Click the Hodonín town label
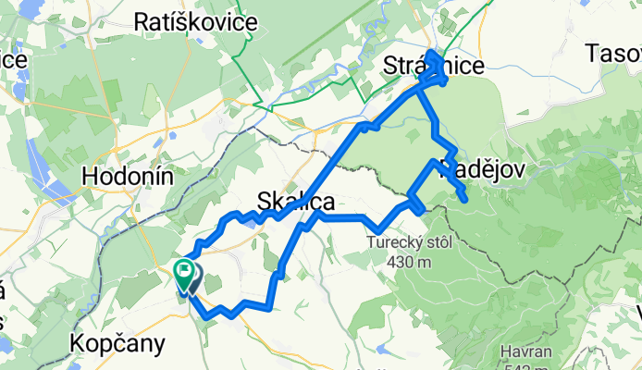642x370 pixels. [x=128, y=176]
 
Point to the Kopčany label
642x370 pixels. [x=117, y=343]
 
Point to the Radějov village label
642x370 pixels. [x=484, y=170]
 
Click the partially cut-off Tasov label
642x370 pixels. [x=613, y=55]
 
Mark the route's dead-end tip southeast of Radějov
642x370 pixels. [x=463, y=200]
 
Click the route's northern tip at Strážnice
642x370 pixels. [x=432, y=54]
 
